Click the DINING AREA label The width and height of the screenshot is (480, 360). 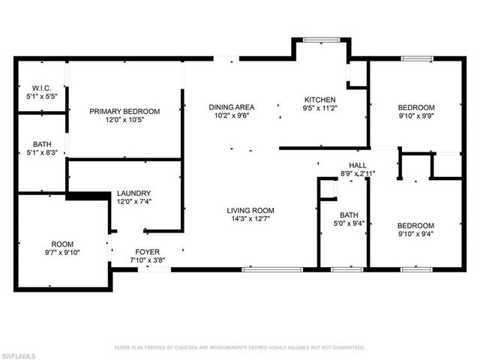pyautogui.click(x=231, y=107)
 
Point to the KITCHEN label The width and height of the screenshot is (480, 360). pyautogui.click(x=319, y=100)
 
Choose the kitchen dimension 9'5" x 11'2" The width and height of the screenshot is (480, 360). pyautogui.click(x=319, y=109)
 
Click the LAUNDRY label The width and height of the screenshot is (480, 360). pyautogui.click(x=133, y=193)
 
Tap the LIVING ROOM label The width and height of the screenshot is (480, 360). pyautogui.click(x=250, y=211)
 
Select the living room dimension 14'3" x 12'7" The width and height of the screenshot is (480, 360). pyautogui.click(x=250, y=220)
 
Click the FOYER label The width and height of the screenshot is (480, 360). pyautogui.click(x=146, y=252)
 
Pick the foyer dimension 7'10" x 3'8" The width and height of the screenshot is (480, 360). pyautogui.click(x=146, y=261)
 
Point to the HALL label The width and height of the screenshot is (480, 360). pyautogui.click(x=357, y=165)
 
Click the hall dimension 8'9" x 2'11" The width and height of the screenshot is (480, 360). pyautogui.click(x=357, y=174)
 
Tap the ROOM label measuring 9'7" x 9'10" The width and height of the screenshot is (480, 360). pyautogui.click(x=62, y=244)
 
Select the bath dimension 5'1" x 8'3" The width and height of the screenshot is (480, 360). pyautogui.click(x=41, y=153)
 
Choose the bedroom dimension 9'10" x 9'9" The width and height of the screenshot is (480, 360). pyautogui.click(x=415, y=116)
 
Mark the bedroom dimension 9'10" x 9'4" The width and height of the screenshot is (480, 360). pyautogui.click(x=415, y=234)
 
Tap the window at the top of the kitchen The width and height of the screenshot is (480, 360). pyautogui.click(x=321, y=38)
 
